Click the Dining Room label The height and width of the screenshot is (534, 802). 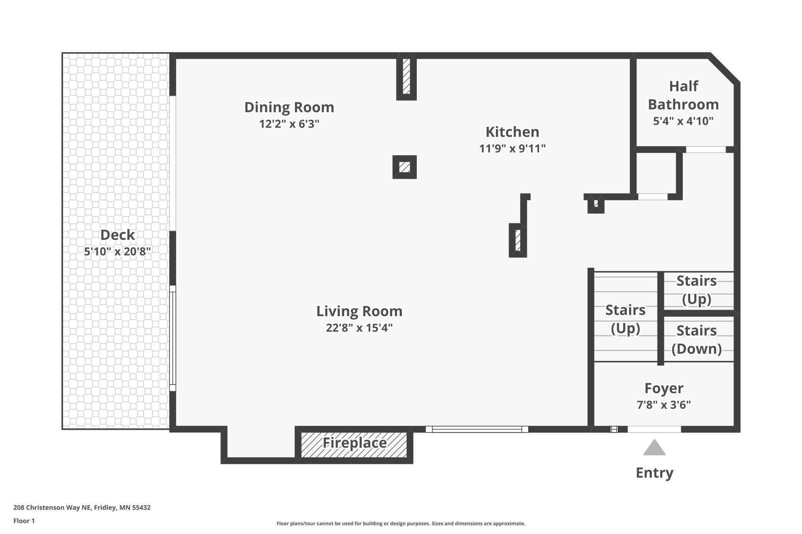click(x=289, y=107)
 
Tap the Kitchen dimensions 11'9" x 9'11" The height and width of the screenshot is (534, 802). click(x=512, y=148)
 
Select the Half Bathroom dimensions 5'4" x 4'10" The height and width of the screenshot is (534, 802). click(x=683, y=121)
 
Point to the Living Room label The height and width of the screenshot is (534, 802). click(x=359, y=311)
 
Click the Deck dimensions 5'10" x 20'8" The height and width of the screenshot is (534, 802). click(x=117, y=251)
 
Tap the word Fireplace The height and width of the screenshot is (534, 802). click(x=355, y=443)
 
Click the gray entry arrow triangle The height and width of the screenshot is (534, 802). click(x=654, y=448)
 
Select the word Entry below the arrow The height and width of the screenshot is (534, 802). click(x=654, y=473)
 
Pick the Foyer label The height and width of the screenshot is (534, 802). click(x=664, y=388)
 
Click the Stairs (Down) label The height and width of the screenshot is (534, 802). click(x=697, y=339)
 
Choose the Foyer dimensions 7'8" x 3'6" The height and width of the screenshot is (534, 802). click(x=664, y=405)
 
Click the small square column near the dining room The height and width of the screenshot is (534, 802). click(x=404, y=167)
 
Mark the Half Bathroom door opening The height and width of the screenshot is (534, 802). click(x=706, y=149)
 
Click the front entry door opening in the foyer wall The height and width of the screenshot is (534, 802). click(x=654, y=429)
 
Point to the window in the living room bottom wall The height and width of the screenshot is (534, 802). click(x=477, y=429)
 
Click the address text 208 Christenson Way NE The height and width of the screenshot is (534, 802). click(x=52, y=507)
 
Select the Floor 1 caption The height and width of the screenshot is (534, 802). click(x=24, y=521)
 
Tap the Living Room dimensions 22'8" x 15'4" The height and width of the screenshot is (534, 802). click(x=359, y=328)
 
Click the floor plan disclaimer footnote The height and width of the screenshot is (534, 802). click(x=401, y=524)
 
